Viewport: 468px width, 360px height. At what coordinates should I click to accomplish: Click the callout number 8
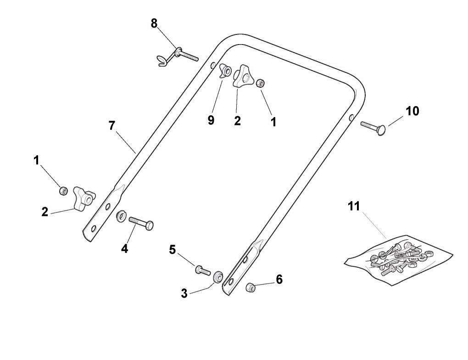[154, 23]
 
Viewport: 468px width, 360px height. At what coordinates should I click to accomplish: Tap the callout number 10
[412, 111]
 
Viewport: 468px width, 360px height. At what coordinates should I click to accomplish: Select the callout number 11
[353, 207]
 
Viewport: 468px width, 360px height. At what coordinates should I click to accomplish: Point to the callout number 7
[112, 125]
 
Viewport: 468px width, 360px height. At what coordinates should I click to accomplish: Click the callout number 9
[211, 120]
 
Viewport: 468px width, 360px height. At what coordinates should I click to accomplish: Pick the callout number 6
[279, 279]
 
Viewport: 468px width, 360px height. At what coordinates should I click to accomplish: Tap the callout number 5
[172, 250]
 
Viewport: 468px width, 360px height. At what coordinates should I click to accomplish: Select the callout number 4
[124, 249]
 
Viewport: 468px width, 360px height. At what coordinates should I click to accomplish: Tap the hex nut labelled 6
[251, 287]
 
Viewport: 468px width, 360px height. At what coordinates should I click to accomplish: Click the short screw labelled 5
[202, 270]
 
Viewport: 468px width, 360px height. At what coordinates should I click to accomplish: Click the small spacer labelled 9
[225, 71]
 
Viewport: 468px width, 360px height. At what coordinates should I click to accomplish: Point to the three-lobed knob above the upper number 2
[242, 77]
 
